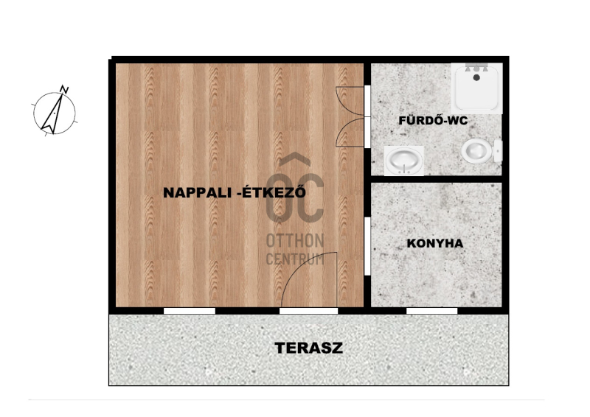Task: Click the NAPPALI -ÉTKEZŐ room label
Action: tap(234, 192)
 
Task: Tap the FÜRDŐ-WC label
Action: tap(433, 120)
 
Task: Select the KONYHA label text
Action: tap(435, 243)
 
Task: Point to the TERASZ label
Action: tap(309, 348)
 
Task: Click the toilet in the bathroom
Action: tap(482, 150)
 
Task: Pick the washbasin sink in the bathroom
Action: tap(403, 161)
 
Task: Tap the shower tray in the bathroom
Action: tap(476, 88)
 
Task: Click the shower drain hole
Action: tap(476, 77)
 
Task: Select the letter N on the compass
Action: tap(65, 89)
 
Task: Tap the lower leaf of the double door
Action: tap(350, 132)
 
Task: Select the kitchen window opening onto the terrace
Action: tap(432, 311)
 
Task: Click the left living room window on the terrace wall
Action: tap(190, 311)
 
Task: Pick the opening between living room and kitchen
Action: tap(367, 246)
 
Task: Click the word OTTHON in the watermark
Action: tap(295, 241)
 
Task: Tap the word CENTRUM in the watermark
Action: tap(295, 259)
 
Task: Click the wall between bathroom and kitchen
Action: tap(437, 179)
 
